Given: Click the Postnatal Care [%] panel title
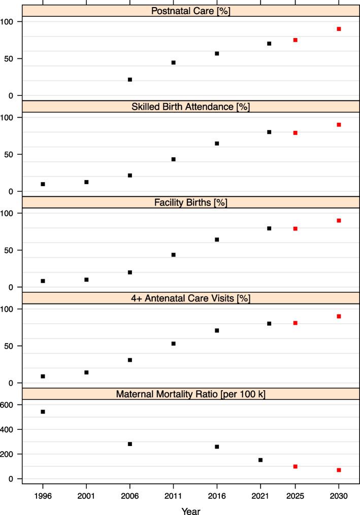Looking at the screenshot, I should click(x=190, y=11).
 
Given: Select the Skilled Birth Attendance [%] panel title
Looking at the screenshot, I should click(x=190, y=107).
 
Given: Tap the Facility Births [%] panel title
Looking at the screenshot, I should click(x=190, y=202).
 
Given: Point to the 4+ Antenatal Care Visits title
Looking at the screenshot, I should click(x=190, y=298).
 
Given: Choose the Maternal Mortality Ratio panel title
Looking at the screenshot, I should click(x=190, y=394).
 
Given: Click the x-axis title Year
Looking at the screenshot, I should click(x=190, y=509).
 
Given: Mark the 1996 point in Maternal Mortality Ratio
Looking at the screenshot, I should click(x=43, y=411).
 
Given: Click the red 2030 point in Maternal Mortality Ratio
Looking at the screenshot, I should click(x=339, y=470).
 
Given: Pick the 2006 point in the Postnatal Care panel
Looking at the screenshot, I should click(x=130, y=80).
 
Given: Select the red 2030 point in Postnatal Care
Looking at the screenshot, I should click(x=339, y=29).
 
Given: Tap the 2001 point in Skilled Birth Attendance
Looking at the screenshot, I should click(x=86, y=182).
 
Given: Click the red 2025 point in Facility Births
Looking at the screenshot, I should click(x=295, y=229).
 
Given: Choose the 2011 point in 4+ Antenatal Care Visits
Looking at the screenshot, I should click(x=173, y=344).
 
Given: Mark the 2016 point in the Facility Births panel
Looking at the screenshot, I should click(x=217, y=239).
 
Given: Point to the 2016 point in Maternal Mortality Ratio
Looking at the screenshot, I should click(x=217, y=447).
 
